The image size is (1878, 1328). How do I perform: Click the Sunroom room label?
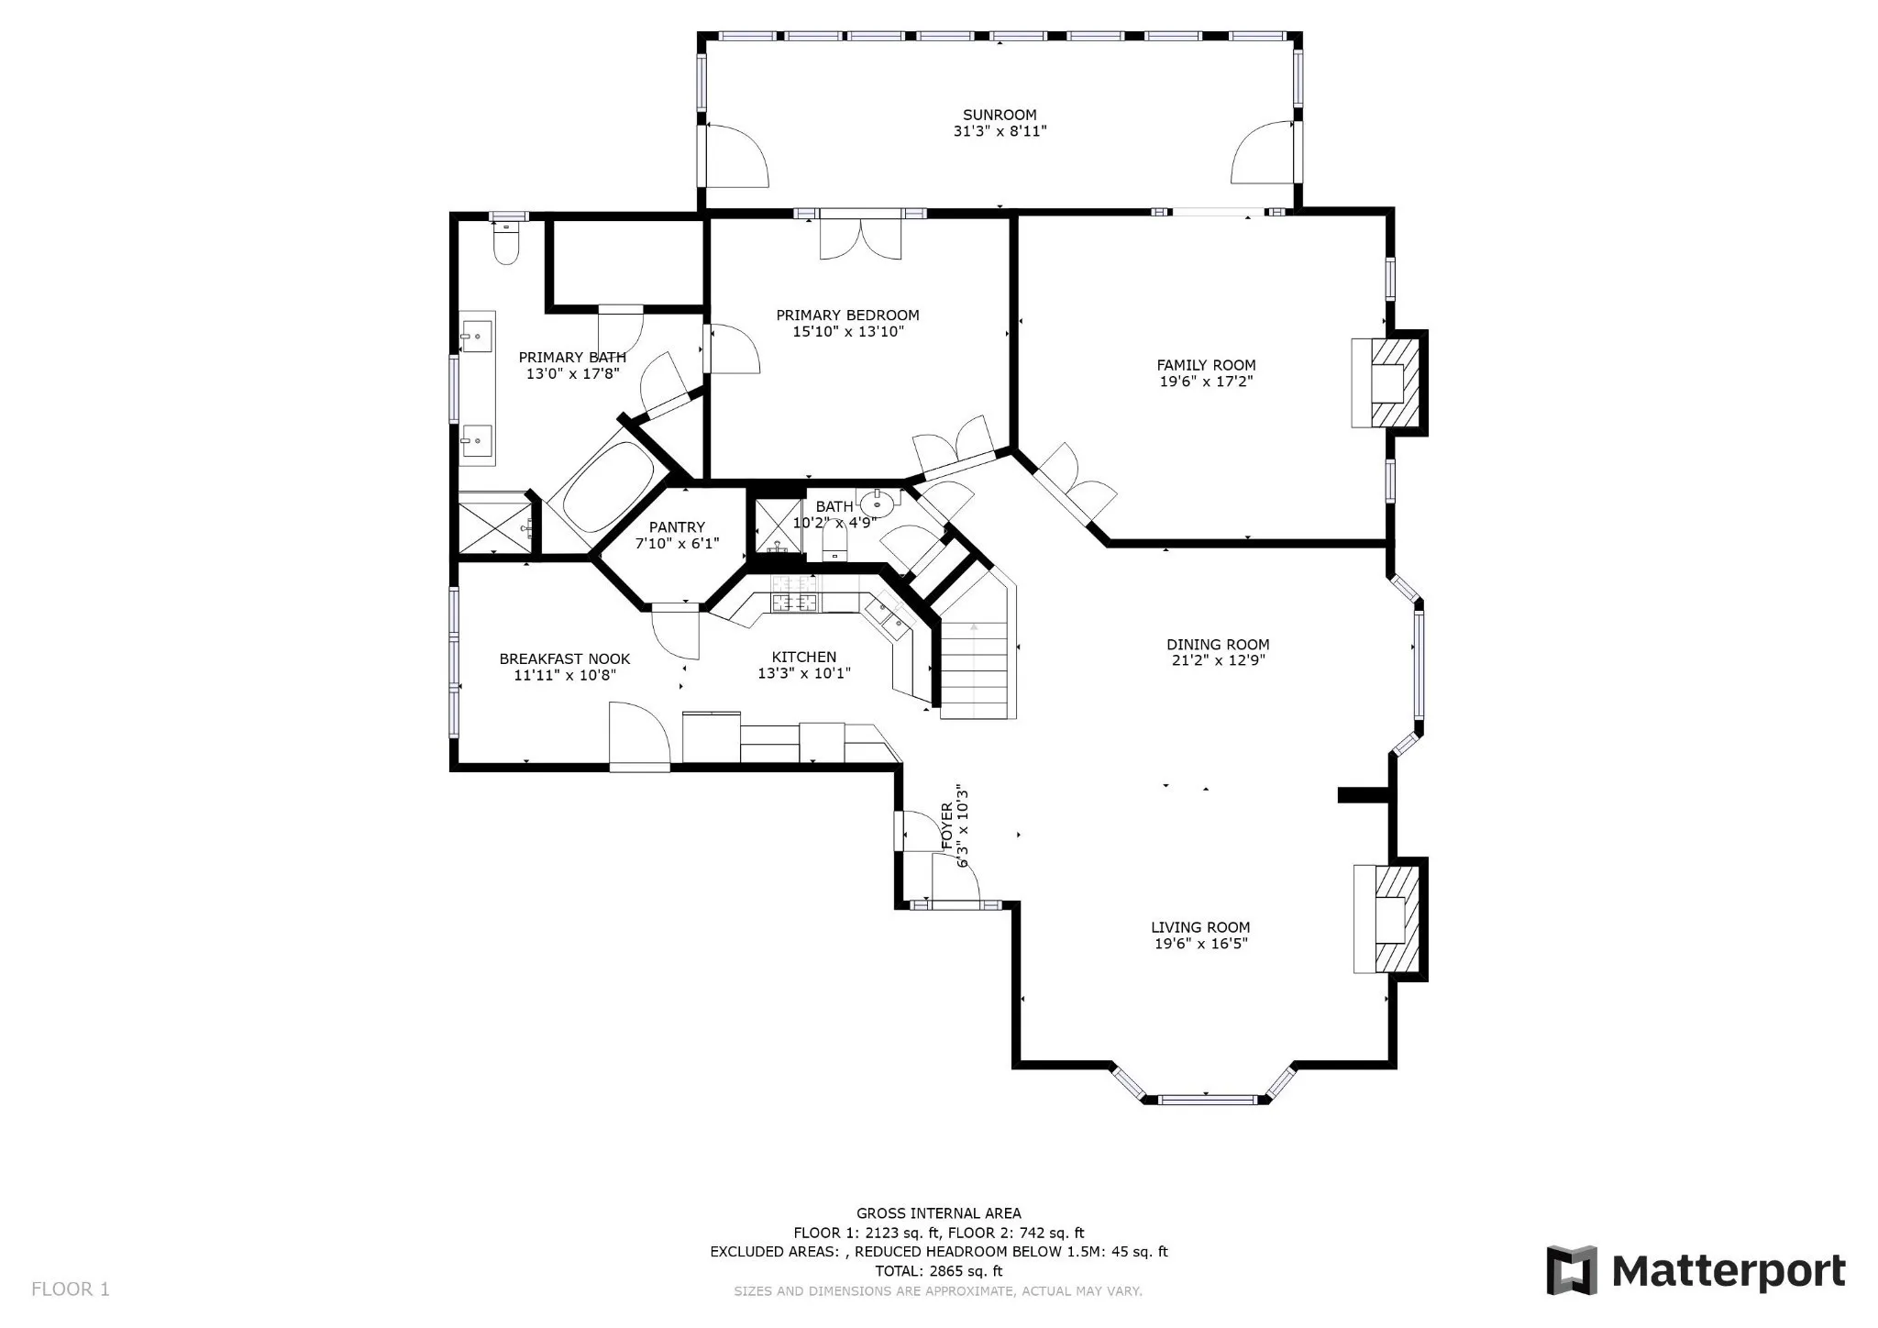[1000, 115]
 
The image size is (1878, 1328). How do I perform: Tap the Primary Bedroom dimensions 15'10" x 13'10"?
[848, 332]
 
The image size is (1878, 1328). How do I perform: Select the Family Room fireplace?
[1388, 382]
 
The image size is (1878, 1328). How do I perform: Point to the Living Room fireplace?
[1389, 919]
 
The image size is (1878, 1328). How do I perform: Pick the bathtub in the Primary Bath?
[608, 489]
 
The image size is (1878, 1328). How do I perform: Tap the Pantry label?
[677, 527]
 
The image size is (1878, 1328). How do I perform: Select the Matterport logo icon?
[1572, 1270]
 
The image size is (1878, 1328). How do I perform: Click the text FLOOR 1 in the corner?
[71, 1289]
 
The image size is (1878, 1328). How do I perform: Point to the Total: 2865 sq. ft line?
[939, 1271]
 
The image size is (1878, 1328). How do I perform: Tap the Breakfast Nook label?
[565, 658]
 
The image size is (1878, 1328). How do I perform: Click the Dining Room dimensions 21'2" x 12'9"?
[1218, 659]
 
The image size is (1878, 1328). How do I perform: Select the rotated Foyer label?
[947, 825]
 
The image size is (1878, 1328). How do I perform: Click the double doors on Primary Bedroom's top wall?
[861, 237]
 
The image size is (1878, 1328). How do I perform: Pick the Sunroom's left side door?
[735, 156]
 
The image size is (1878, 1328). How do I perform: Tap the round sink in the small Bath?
[877, 503]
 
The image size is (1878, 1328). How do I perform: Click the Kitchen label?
[804, 657]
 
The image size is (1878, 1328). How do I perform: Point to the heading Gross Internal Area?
[939, 1213]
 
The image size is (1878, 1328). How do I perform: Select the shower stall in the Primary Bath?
[494, 524]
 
